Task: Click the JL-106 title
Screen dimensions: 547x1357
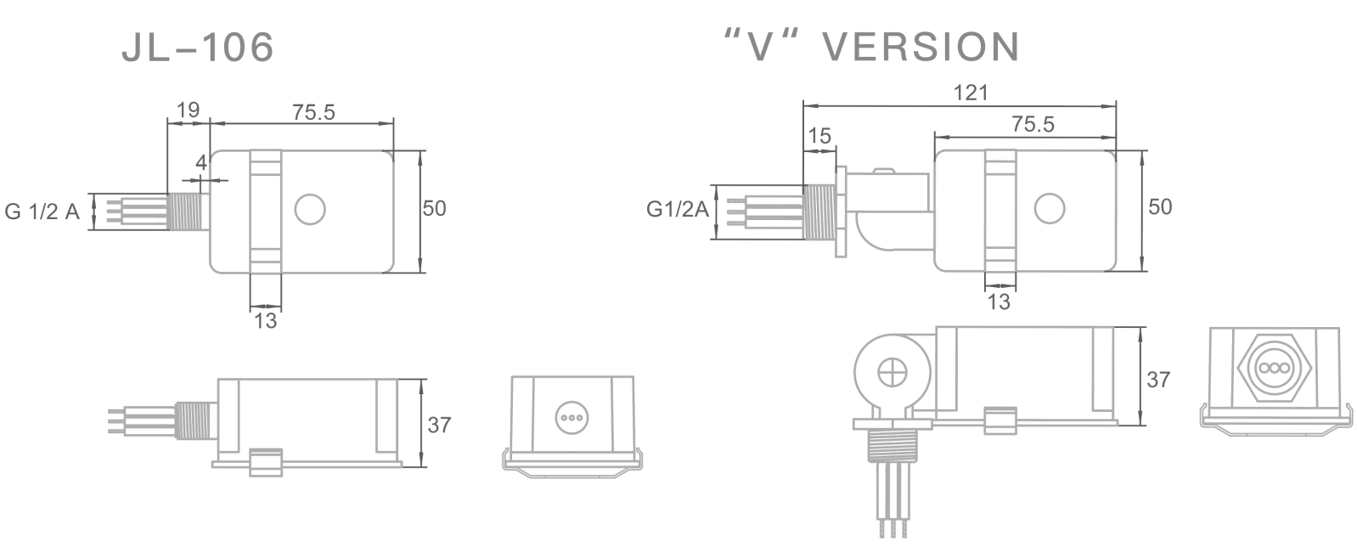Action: pos(198,48)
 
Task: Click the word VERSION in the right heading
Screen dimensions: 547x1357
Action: pos(922,48)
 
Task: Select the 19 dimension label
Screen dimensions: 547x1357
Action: pos(187,110)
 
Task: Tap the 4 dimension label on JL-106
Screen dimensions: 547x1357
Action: pos(201,162)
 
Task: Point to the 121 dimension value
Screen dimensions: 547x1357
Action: pos(971,93)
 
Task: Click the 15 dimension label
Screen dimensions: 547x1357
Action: pos(819,136)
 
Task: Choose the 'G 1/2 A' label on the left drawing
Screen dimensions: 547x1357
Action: pos(42,211)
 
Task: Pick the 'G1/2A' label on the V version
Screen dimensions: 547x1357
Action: pos(677,208)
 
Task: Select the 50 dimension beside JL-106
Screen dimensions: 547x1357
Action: pos(434,208)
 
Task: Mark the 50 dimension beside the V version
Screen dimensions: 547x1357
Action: pos(1160,206)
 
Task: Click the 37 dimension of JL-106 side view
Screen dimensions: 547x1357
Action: pos(439,425)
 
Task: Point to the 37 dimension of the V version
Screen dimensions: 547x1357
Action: pos(1158,380)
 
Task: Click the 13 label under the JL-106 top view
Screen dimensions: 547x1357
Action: pos(266,321)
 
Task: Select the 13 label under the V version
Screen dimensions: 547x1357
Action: pos(999,302)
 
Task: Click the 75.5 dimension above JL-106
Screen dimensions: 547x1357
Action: pos(313,112)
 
